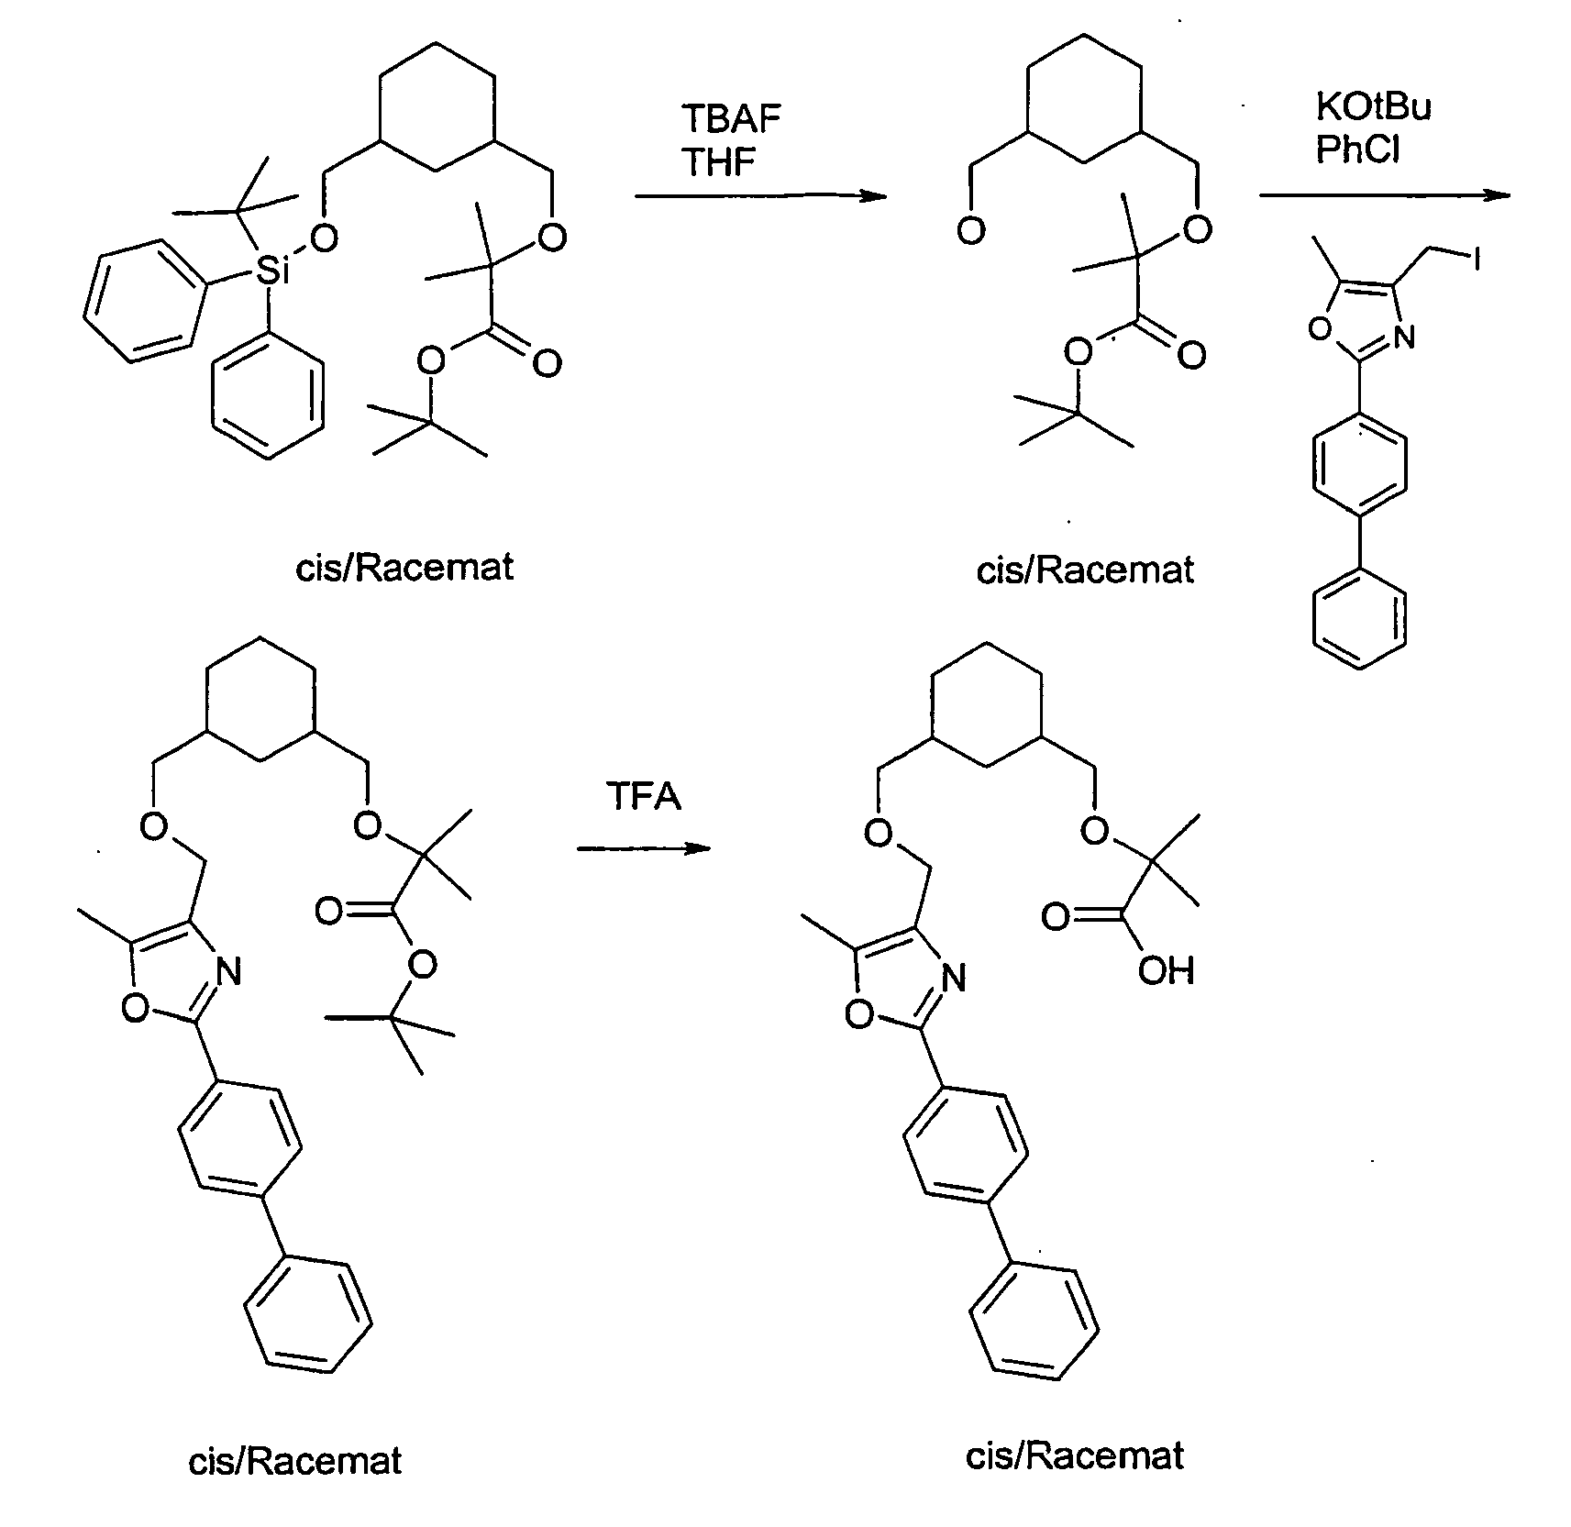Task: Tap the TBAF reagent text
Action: (x=731, y=119)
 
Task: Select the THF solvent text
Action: (x=719, y=162)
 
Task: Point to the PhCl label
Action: (x=1358, y=149)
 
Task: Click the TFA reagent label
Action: (x=644, y=796)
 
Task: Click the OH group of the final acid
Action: (x=1167, y=970)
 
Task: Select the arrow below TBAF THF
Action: (x=760, y=195)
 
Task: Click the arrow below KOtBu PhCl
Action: (x=1384, y=195)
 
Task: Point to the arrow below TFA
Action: (x=644, y=847)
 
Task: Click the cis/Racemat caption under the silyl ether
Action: (x=404, y=568)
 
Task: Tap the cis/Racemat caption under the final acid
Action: (x=1075, y=1455)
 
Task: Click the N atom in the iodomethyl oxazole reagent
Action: (x=1404, y=337)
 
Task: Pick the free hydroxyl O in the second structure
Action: (x=970, y=231)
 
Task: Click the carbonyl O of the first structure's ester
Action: (x=547, y=364)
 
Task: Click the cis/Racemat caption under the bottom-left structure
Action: (x=295, y=1461)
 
